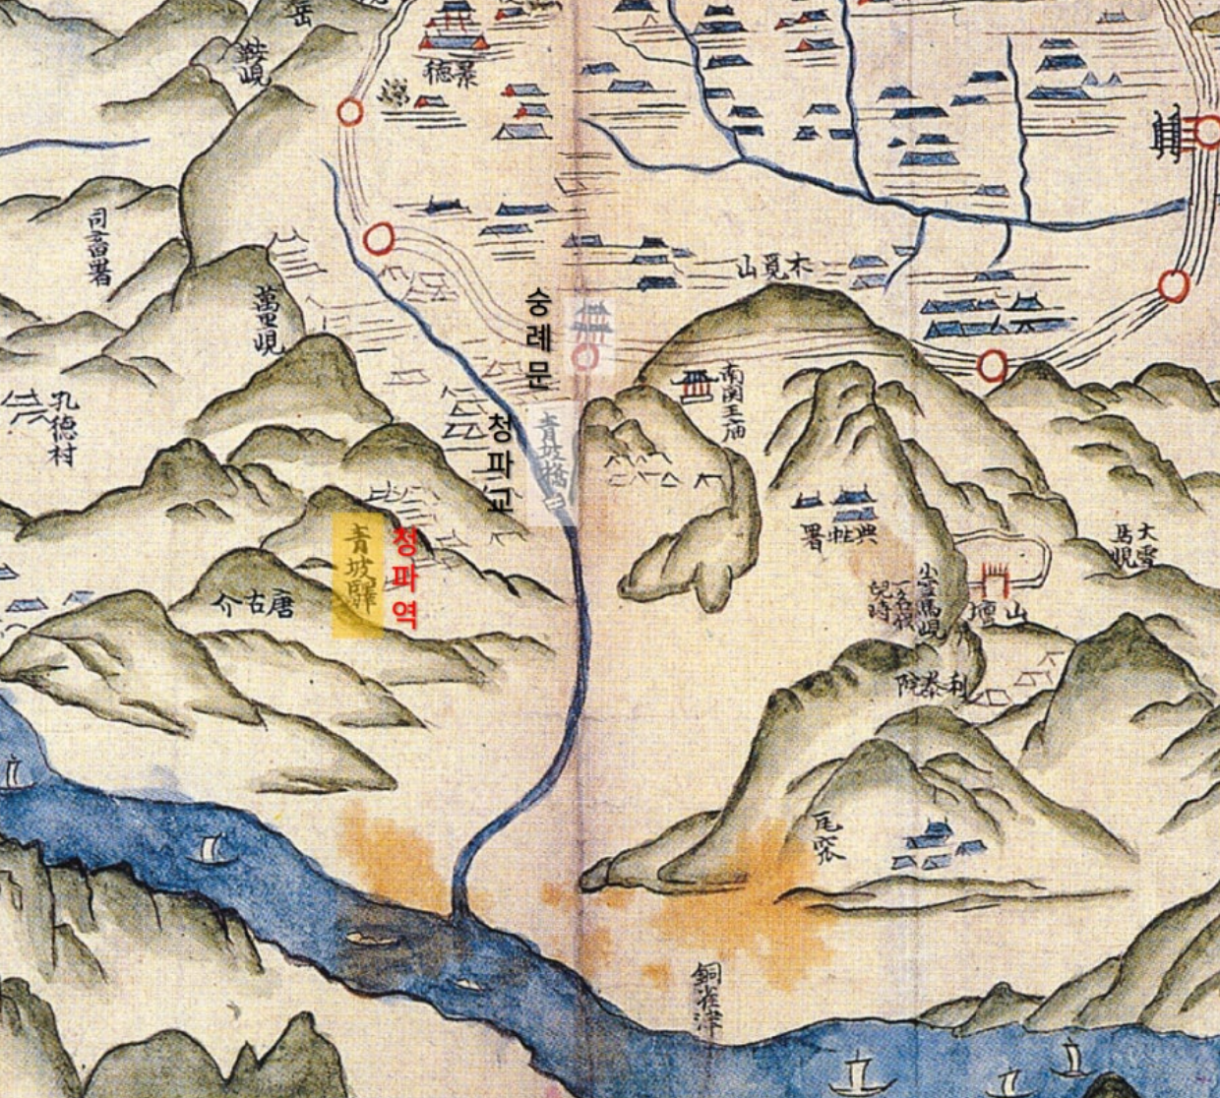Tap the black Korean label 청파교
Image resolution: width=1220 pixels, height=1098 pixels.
[500, 463]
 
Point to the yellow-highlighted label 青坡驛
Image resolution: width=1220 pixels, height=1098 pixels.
[357, 577]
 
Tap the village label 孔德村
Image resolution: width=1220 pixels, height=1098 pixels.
[63, 429]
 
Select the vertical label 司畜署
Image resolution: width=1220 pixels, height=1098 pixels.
[99, 246]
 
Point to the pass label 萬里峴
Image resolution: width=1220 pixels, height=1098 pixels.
[268, 318]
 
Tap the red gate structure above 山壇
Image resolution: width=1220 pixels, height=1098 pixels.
[996, 579]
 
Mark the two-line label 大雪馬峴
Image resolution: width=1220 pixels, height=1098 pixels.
[1130, 547]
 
